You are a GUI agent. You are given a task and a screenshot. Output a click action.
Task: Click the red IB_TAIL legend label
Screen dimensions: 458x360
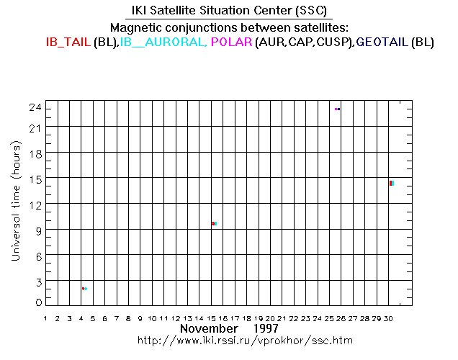(x=68, y=42)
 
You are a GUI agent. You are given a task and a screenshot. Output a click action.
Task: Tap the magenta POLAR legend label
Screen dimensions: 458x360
(x=232, y=42)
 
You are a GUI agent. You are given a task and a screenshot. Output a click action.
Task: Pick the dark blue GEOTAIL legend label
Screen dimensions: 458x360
(x=382, y=42)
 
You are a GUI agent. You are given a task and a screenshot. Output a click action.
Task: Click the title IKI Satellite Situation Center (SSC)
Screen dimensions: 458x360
(x=229, y=11)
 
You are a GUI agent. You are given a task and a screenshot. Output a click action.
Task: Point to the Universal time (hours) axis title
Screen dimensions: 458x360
(x=15, y=201)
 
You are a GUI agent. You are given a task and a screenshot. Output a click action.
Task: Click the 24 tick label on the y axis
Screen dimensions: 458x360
(x=35, y=108)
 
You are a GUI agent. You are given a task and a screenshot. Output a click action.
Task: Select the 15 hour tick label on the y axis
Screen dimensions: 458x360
(x=35, y=179)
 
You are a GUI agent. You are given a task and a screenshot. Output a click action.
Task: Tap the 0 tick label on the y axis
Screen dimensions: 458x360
(x=39, y=302)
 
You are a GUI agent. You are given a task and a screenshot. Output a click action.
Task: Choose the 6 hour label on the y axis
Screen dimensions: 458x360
(x=39, y=256)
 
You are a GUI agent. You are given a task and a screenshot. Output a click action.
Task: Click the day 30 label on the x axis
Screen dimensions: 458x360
(x=388, y=318)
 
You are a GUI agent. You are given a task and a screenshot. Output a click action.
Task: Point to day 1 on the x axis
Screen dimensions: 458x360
(x=45, y=318)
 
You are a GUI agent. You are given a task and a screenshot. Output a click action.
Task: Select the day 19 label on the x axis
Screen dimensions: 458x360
(x=259, y=318)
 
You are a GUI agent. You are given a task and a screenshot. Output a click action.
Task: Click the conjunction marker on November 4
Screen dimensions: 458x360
(x=84, y=289)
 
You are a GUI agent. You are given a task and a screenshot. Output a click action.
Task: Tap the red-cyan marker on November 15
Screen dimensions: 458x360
(x=215, y=224)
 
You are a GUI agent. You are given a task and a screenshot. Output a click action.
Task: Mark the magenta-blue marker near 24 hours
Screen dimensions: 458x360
(x=337, y=109)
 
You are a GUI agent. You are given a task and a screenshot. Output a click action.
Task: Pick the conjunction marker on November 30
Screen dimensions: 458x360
(x=392, y=184)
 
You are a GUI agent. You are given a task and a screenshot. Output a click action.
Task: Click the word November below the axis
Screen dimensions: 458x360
(x=209, y=329)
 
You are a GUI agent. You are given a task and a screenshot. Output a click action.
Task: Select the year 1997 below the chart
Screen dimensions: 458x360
(x=266, y=329)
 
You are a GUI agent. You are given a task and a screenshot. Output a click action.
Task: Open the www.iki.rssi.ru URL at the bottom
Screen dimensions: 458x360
(x=245, y=341)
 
